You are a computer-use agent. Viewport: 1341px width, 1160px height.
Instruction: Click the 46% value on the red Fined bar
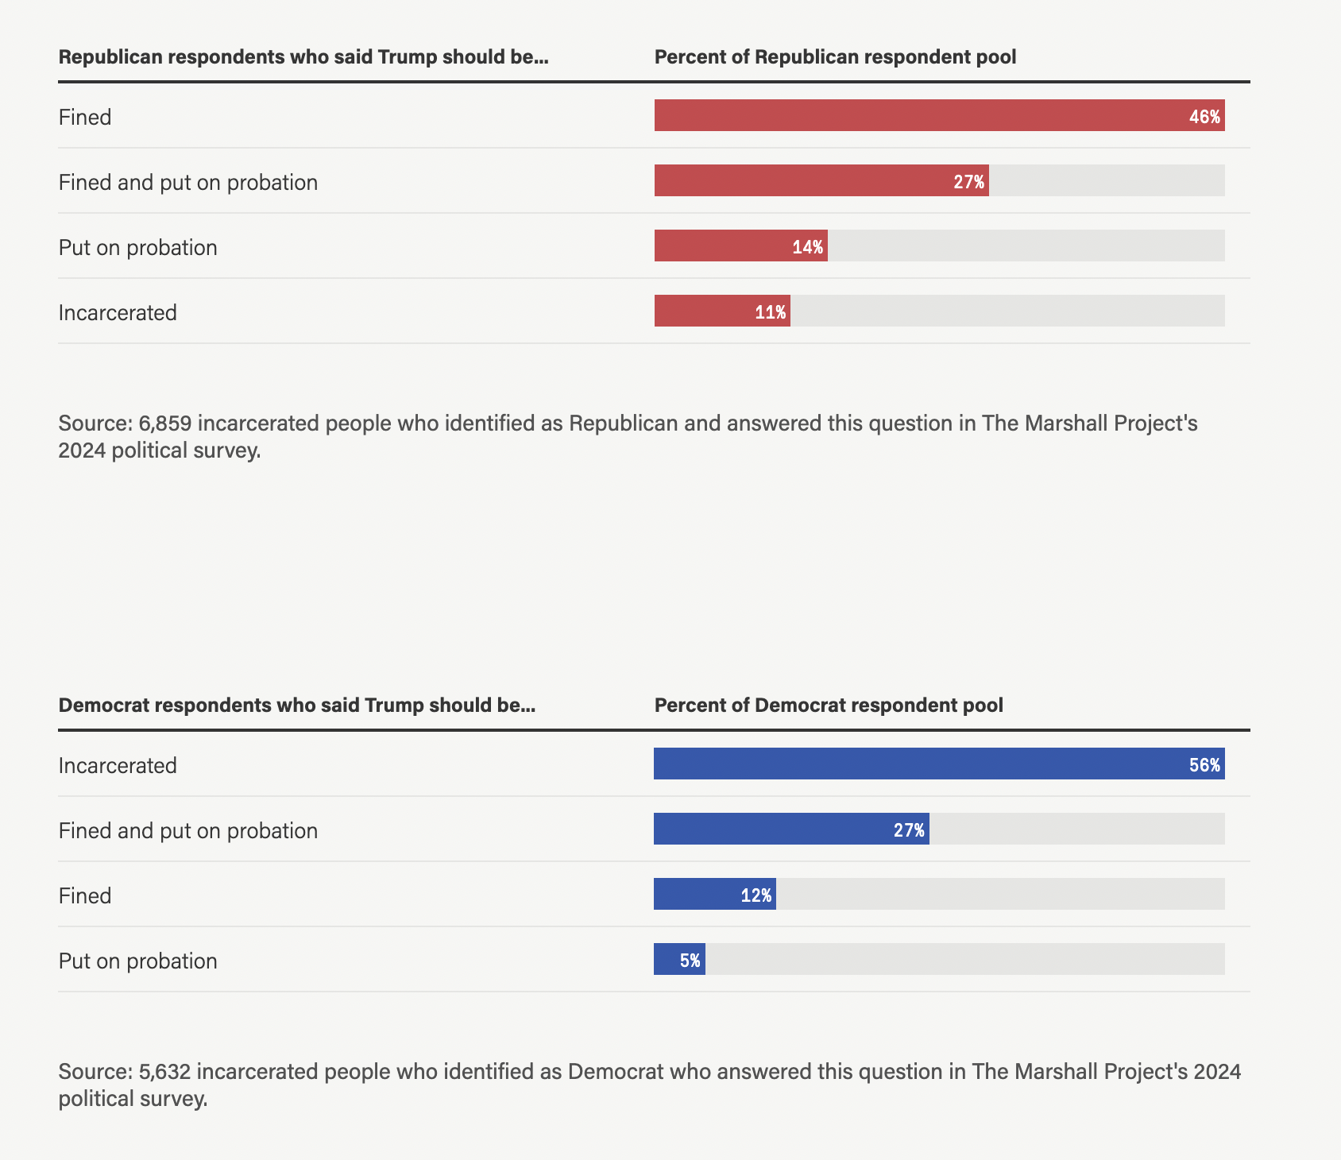point(1204,117)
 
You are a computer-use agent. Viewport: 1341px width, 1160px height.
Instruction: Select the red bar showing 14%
point(740,246)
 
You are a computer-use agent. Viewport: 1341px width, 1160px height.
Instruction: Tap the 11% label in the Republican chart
point(770,312)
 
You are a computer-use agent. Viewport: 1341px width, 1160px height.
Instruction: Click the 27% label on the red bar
point(968,182)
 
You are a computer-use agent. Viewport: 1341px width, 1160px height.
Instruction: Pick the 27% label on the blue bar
point(909,830)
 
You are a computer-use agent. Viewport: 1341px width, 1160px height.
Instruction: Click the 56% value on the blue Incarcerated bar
point(1204,765)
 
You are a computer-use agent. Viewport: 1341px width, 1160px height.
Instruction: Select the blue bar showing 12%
point(714,895)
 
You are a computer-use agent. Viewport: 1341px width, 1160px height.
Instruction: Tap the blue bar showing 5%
point(679,960)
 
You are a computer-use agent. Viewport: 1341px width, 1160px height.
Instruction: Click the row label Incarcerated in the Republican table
point(118,312)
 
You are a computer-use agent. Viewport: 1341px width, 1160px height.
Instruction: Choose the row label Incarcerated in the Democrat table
point(118,765)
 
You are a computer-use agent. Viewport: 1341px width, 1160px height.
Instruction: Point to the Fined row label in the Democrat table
point(85,895)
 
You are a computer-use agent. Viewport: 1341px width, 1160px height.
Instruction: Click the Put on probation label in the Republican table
point(137,247)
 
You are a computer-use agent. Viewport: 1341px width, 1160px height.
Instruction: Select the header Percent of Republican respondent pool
point(835,57)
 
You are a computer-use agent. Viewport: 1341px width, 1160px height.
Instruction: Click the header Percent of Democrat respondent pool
point(829,706)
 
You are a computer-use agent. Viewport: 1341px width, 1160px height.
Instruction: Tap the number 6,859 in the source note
point(164,423)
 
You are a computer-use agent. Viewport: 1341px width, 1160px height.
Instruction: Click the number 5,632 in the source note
point(164,1071)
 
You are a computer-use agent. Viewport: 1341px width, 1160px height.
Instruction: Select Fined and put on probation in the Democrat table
point(187,830)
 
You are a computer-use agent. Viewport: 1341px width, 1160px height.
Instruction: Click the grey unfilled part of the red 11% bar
point(1007,311)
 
